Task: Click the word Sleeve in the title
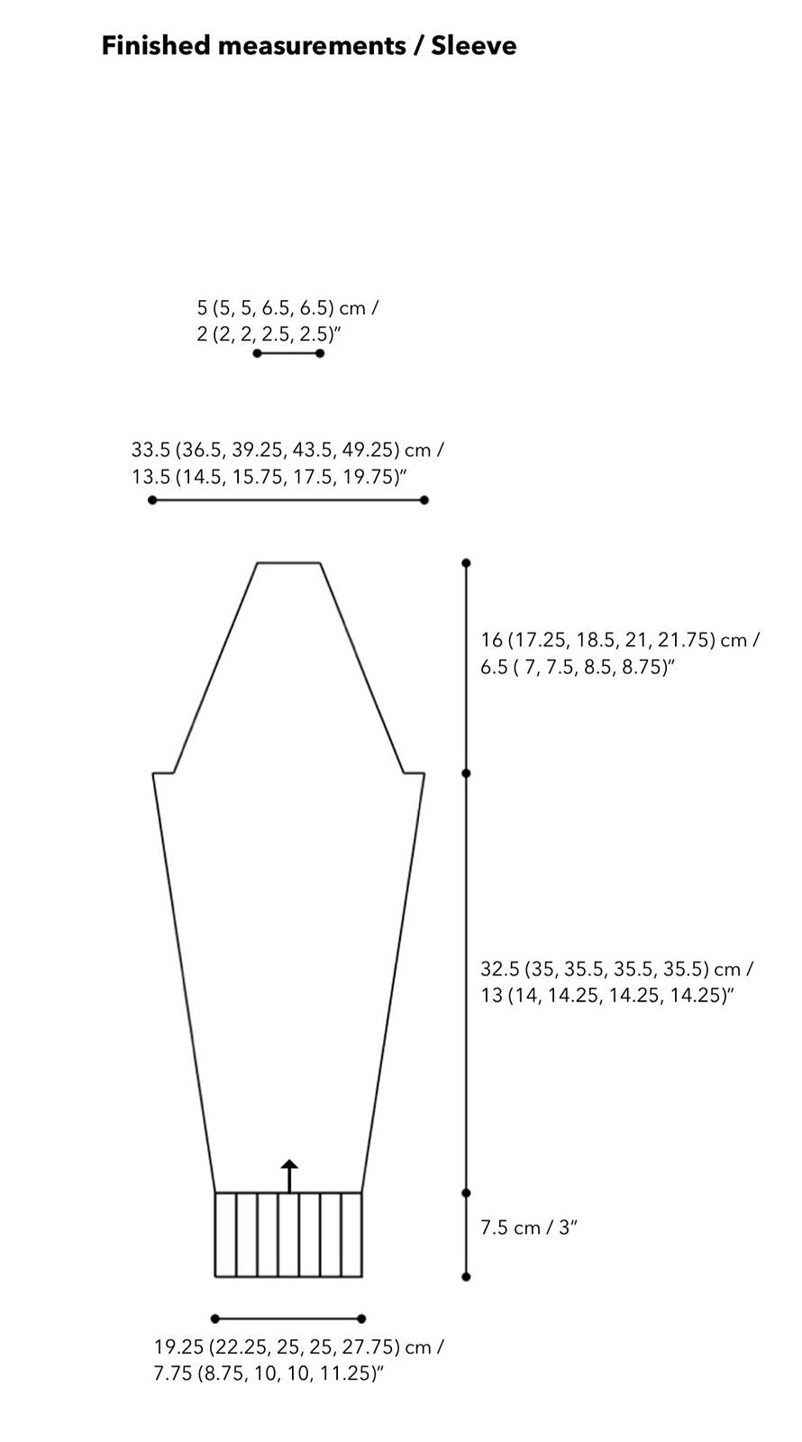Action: point(474,46)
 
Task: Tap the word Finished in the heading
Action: point(157,46)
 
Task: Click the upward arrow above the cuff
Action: point(289,1175)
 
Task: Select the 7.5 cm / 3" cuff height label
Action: point(528,1228)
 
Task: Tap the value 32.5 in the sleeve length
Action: point(500,969)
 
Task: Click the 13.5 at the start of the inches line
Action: point(150,477)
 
